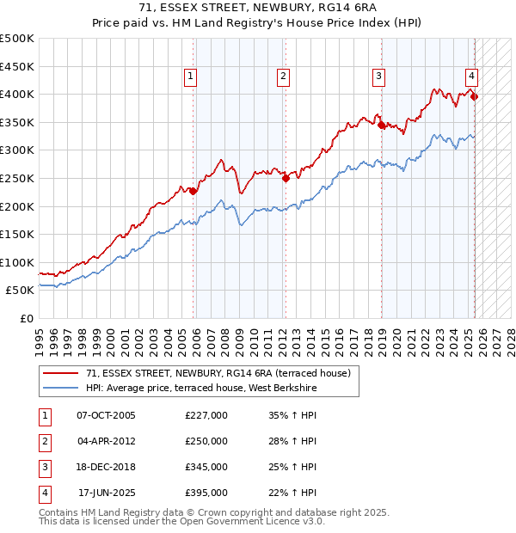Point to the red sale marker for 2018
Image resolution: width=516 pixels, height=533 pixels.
(x=381, y=125)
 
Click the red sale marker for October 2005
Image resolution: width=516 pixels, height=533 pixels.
(x=193, y=191)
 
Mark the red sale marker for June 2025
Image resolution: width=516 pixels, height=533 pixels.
(x=474, y=96)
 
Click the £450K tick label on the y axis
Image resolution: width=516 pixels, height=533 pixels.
(x=17, y=66)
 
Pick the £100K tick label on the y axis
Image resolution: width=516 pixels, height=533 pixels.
(x=17, y=262)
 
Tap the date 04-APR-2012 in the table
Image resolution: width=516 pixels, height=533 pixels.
(x=107, y=441)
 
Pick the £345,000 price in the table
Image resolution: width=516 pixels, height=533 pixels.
(x=206, y=467)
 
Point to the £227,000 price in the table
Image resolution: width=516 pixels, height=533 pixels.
(x=206, y=415)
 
